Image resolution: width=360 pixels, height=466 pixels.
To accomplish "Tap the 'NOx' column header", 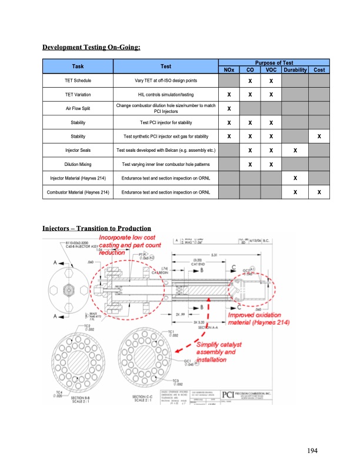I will click(x=229, y=70).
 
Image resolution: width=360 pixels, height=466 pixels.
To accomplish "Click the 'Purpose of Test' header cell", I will click(x=274, y=62).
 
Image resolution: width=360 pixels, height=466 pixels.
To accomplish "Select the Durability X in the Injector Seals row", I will click(x=296, y=151).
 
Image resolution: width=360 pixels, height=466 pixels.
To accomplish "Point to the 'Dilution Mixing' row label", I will click(x=78, y=164).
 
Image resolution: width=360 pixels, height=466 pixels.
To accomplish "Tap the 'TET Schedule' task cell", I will click(x=78, y=81).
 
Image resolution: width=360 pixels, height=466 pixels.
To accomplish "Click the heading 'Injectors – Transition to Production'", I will click(x=96, y=228).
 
